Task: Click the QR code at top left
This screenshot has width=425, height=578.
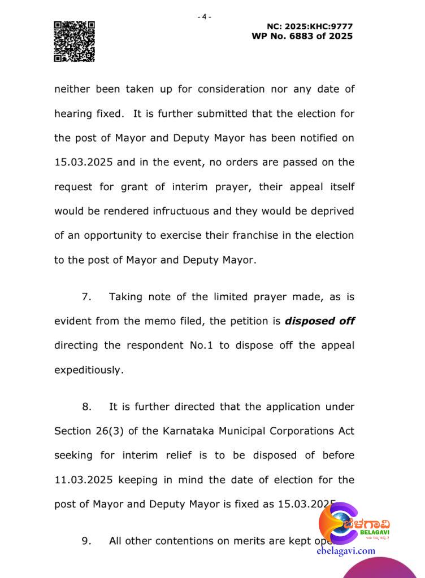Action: pos(74,41)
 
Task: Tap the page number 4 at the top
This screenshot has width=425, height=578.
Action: pos(204,17)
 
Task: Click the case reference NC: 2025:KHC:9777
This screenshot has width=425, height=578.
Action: pos(310,27)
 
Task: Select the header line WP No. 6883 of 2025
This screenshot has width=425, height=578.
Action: pos(302,36)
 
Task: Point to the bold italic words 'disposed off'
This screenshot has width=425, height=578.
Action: pos(320,321)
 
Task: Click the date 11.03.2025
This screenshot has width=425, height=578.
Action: pos(84,480)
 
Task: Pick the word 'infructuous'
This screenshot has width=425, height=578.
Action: pos(181,211)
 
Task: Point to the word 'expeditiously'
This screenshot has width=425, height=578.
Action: pos(88,370)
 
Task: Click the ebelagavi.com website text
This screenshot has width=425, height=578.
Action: pos(346,550)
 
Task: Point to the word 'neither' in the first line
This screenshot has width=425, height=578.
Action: pos(71,89)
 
